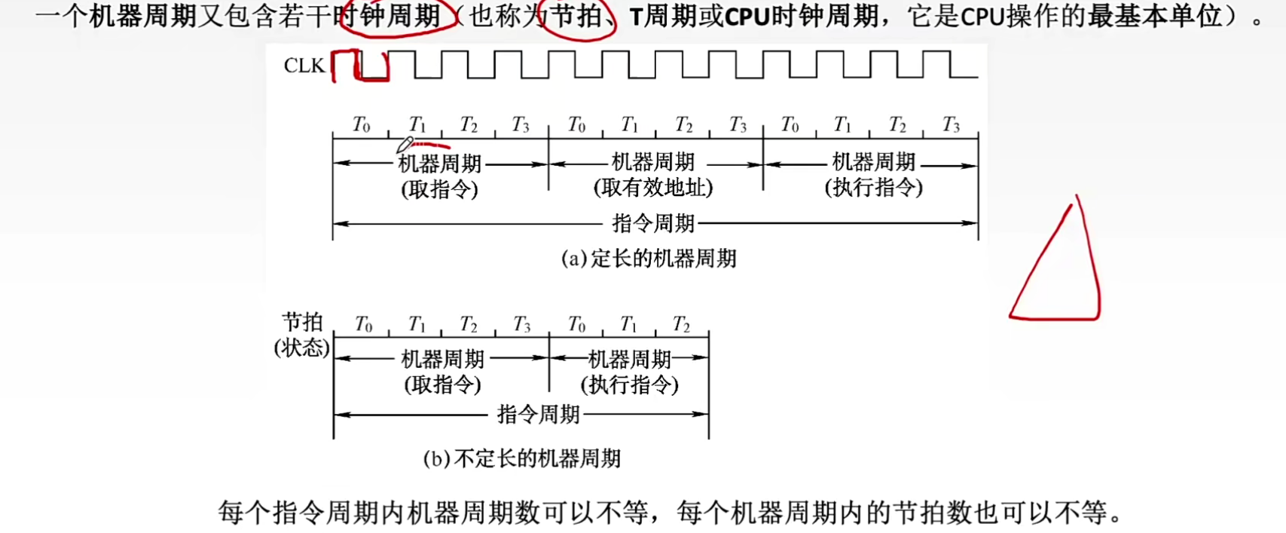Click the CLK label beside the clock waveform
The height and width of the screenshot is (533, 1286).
pos(304,66)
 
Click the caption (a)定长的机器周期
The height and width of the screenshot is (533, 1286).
pos(649,259)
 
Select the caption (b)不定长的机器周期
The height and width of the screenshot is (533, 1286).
pos(521,458)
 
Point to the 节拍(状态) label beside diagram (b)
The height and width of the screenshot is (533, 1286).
pos(301,335)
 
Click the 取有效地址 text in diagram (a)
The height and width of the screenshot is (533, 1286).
pos(653,188)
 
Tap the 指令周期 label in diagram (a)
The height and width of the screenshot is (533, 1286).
pos(653,223)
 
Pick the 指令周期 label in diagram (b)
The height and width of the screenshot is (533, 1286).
pos(538,414)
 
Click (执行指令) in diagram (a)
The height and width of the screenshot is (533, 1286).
pos(874,188)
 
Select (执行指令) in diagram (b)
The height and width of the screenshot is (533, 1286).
pos(629,385)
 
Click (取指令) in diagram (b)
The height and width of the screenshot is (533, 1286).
pos(442,385)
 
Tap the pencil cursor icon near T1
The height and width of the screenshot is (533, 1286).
pos(405,143)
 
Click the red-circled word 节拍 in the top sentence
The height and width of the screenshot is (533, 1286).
pos(576,17)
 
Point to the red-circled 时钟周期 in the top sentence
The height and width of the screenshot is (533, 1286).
pos(400,17)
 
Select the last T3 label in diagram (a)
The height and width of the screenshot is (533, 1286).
pos(951,124)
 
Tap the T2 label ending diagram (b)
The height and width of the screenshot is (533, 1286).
pos(681,324)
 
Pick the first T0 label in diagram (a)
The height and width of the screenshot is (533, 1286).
pos(362,124)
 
